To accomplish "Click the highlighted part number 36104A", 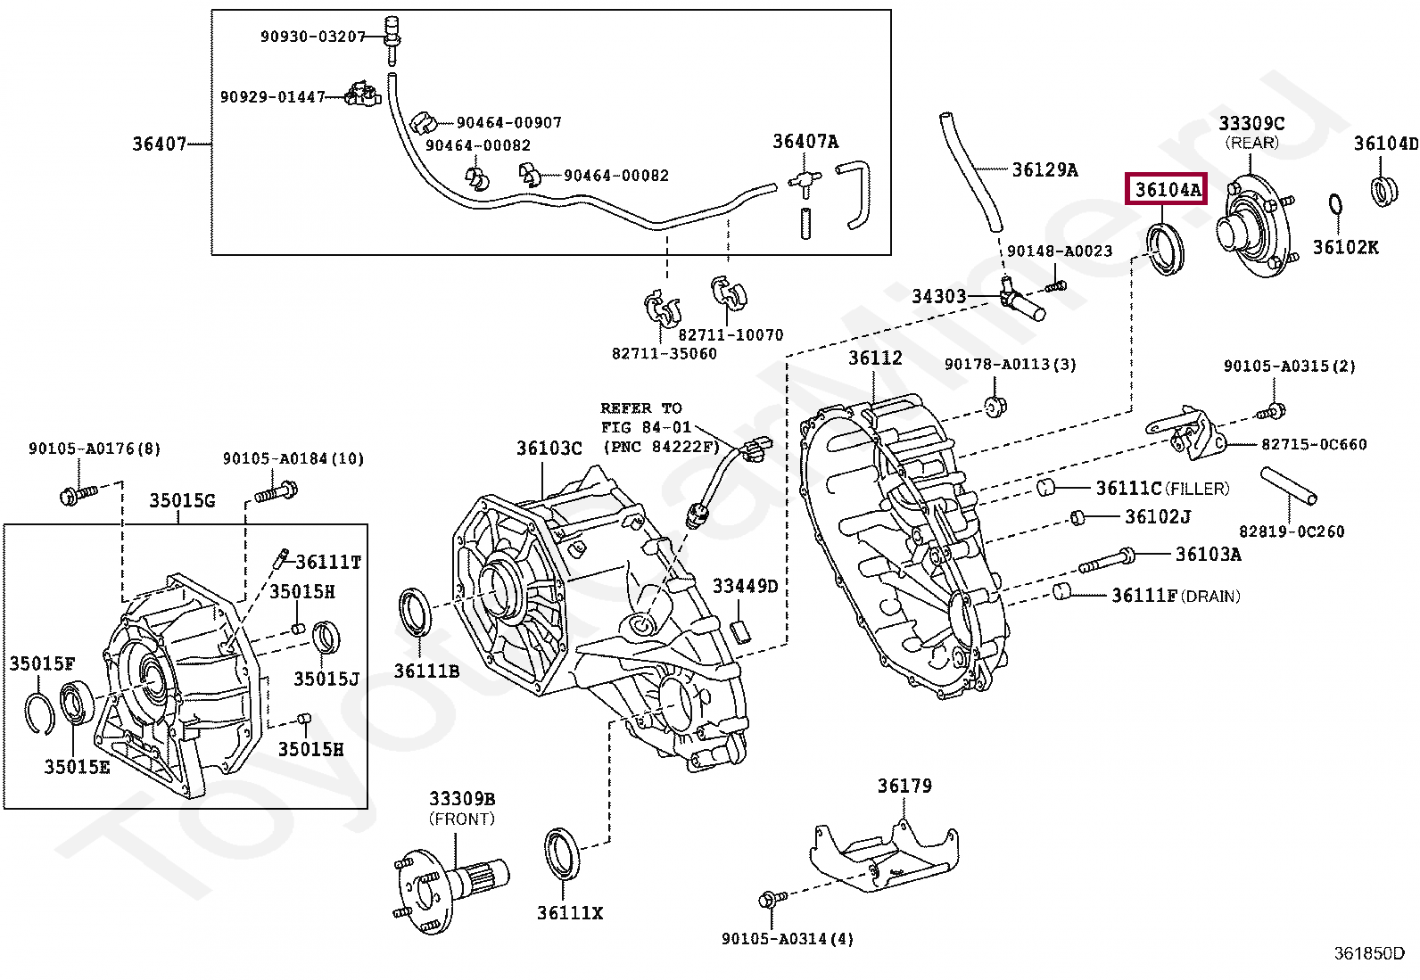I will pyautogui.click(x=1167, y=189).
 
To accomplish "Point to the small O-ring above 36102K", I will pyautogui.click(x=1335, y=205).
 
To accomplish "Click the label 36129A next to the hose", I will pyautogui.click(x=1044, y=169).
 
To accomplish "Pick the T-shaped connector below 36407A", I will pyautogui.click(x=805, y=182).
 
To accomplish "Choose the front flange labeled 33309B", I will pyautogui.click(x=450, y=883).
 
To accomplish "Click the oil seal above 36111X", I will pyautogui.click(x=562, y=853).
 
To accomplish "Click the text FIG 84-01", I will pyautogui.click(x=646, y=427).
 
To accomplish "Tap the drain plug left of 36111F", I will pyautogui.click(x=1061, y=591).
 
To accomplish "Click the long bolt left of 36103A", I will pyautogui.click(x=1106, y=561).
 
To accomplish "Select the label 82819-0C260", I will pyautogui.click(x=1291, y=531).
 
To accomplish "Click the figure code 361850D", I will pyautogui.click(x=1368, y=953).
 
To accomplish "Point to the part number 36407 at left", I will pyautogui.click(x=159, y=144).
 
